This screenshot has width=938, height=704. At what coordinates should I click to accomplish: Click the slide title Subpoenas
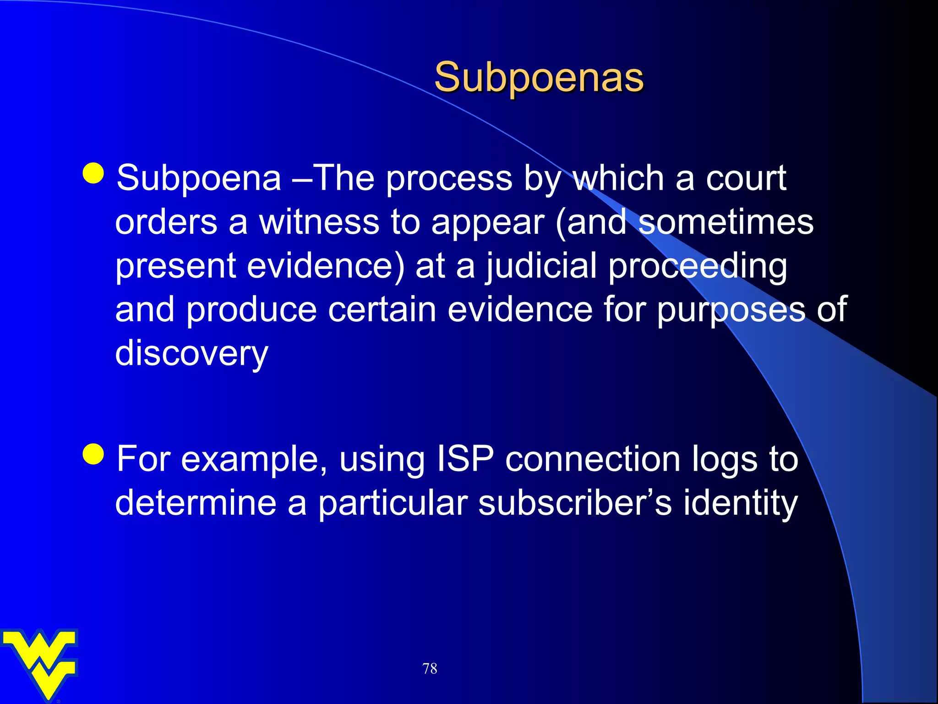click(x=539, y=77)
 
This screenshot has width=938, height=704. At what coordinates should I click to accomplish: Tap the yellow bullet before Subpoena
click(x=94, y=173)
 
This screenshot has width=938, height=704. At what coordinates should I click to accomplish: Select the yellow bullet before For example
click(x=94, y=454)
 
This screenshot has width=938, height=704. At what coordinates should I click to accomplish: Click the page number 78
click(x=430, y=668)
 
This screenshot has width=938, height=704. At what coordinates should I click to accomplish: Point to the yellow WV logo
click(x=40, y=663)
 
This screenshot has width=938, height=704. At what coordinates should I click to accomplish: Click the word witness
click(x=319, y=222)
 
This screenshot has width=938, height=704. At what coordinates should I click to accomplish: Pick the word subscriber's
click(x=575, y=503)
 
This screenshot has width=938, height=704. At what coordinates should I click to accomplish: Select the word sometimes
click(x=725, y=222)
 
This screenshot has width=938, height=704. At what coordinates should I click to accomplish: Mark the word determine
click(x=196, y=503)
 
